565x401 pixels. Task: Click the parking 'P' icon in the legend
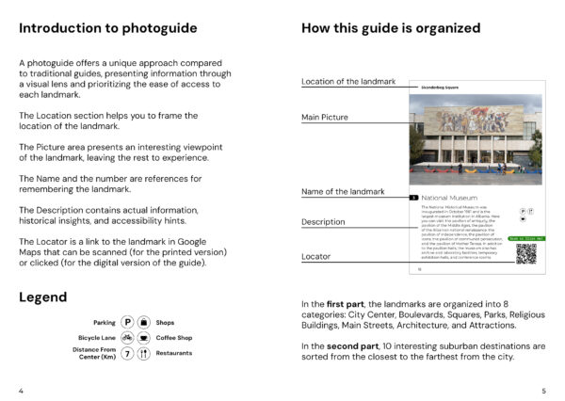click(x=127, y=322)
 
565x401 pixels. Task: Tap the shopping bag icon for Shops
click(x=143, y=322)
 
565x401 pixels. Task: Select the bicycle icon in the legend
click(x=127, y=337)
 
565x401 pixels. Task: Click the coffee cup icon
click(x=143, y=337)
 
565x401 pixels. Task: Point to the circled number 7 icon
click(x=127, y=354)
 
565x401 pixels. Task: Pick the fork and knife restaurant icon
click(x=143, y=354)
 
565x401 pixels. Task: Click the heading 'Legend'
click(x=42, y=297)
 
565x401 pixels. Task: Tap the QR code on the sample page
click(x=525, y=252)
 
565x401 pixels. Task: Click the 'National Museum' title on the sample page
click(x=447, y=198)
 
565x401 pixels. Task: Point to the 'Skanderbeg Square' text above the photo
click(x=438, y=86)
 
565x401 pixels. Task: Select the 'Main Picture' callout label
click(x=325, y=118)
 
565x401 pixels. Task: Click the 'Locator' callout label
click(x=316, y=256)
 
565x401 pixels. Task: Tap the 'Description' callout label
click(x=323, y=222)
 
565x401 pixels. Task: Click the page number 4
click(x=21, y=389)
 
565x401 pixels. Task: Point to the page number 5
click(x=543, y=389)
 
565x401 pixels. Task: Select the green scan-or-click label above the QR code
click(x=525, y=238)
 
